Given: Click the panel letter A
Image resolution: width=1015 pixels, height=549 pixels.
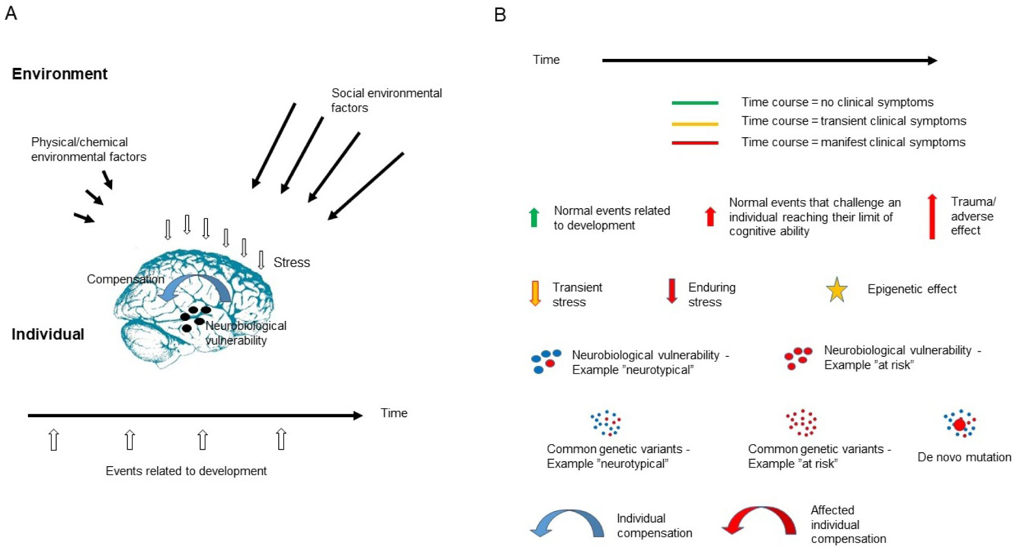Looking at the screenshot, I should (11, 13).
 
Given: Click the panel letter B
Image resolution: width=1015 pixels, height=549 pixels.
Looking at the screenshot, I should (500, 15).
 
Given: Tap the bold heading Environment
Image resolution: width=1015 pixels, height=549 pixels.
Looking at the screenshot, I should (59, 74).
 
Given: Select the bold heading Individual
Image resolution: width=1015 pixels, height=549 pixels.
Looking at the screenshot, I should (48, 334).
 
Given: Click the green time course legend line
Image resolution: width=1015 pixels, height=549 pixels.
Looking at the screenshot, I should (695, 103).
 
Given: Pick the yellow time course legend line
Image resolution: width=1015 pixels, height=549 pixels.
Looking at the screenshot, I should (695, 123).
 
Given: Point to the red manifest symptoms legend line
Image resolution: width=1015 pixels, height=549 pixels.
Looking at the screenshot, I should (695, 143).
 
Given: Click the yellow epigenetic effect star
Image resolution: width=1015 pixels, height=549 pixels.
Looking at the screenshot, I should (836, 290).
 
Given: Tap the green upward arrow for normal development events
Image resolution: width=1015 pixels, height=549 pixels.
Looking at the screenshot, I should (534, 218).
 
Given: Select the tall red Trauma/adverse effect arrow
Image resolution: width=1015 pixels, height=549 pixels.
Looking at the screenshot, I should (932, 216).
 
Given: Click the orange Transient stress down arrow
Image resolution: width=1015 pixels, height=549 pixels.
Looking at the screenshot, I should (535, 293).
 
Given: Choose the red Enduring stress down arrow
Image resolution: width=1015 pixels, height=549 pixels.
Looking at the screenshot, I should (672, 291).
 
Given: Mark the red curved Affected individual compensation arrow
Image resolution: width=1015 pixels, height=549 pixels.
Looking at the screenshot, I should (759, 520).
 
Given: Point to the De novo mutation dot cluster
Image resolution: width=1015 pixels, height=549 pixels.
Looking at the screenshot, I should (959, 424).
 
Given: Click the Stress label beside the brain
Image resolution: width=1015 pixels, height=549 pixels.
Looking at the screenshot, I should (292, 263).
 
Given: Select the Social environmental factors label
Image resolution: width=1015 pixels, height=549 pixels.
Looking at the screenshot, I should (387, 100).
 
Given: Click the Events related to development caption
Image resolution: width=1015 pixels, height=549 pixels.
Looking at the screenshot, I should (186, 471).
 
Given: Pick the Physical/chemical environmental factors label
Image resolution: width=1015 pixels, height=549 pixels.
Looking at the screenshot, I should (88, 149).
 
